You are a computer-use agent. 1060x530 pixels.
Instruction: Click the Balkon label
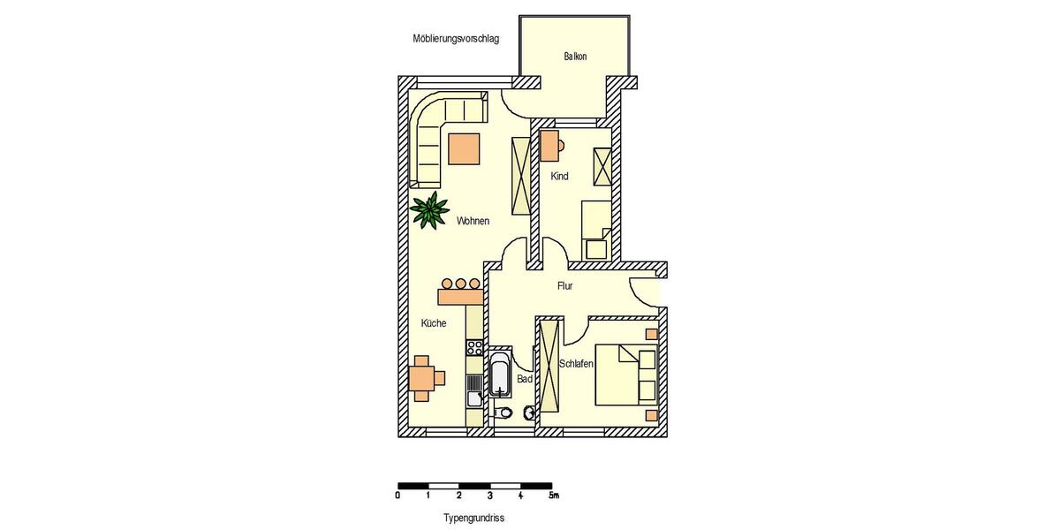(x=575, y=57)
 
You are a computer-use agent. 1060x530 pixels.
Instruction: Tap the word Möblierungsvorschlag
(x=456, y=39)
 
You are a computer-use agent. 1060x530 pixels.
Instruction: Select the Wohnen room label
(x=473, y=221)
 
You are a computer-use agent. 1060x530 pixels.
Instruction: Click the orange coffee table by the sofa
(x=464, y=148)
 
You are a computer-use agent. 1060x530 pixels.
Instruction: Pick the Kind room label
(x=559, y=177)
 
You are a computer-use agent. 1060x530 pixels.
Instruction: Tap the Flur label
(x=565, y=286)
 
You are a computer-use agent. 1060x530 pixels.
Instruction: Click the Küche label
(x=434, y=323)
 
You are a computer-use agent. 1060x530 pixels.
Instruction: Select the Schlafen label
(x=576, y=364)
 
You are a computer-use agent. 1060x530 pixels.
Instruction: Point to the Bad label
(x=525, y=379)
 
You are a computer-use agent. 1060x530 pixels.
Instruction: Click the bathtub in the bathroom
(x=500, y=377)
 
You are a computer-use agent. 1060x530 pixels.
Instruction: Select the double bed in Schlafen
(x=625, y=375)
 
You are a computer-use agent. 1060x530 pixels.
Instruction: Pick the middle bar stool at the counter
(x=461, y=284)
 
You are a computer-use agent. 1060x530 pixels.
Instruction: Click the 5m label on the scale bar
(x=554, y=496)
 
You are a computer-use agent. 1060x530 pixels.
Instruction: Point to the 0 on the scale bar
(x=398, y=496)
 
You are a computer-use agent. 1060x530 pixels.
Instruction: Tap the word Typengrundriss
(x=473, y=519)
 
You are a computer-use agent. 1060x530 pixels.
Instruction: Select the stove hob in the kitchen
(x=474, y=347)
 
